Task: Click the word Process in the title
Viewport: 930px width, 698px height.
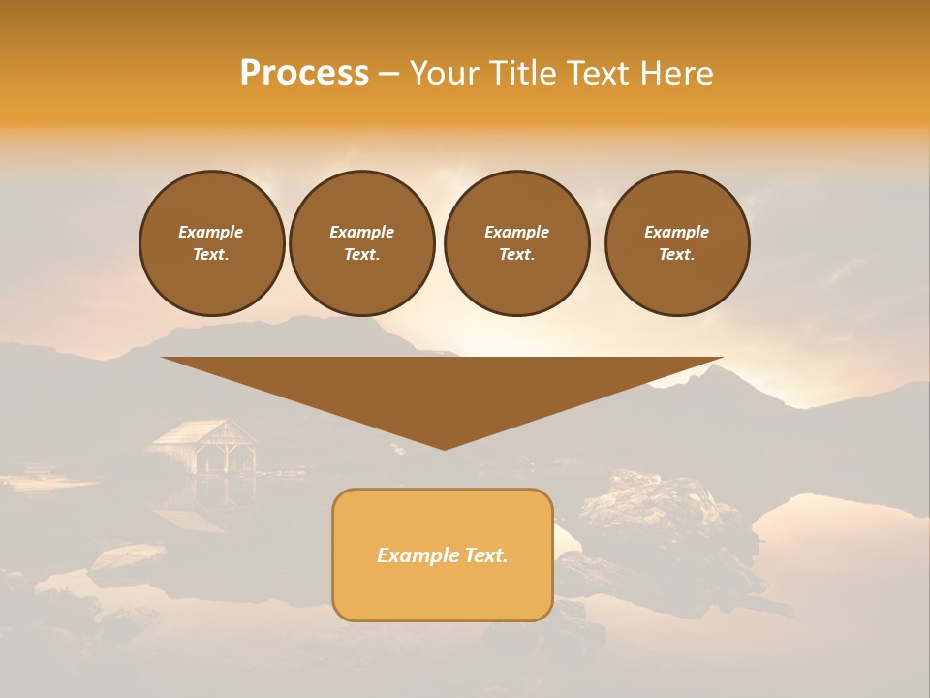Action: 304,74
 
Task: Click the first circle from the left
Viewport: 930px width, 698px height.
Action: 211,243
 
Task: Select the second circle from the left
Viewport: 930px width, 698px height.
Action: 361,243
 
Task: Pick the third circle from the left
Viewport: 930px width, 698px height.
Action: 516,243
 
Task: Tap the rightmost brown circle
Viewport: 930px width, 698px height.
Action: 676,243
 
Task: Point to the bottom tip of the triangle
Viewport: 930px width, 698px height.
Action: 444,447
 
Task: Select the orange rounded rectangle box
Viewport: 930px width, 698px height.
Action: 443,555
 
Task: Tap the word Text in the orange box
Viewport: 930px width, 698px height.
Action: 486,555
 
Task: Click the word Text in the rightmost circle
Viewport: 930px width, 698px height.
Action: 676,255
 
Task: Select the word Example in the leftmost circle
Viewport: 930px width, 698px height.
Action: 211,232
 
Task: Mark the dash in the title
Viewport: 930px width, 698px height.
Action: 389,74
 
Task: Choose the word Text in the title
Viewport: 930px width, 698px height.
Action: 603,74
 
